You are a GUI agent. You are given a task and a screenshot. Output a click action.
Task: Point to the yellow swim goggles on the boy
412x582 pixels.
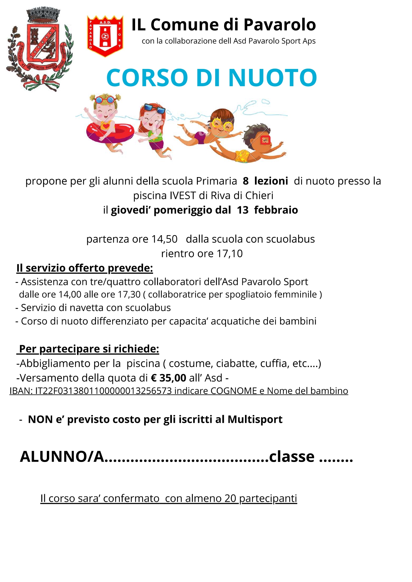tap(223, 125)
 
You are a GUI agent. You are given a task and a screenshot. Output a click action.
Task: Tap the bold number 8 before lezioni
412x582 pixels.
tap(246, 181)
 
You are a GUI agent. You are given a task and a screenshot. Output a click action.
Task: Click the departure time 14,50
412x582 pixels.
tap(164, 239)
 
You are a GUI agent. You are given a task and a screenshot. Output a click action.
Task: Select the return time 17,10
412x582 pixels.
tap(230, 254)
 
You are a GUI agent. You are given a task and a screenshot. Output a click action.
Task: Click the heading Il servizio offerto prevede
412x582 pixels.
tap(85, 268)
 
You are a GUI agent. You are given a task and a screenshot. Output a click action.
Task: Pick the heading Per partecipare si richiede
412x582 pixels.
tap(89, 349)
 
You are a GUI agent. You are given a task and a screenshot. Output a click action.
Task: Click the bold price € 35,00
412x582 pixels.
tap(168, 378)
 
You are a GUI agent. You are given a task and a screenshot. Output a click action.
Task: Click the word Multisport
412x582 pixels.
tap(255, 420)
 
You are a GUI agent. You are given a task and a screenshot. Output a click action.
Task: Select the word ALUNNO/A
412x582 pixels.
tap(62, 457)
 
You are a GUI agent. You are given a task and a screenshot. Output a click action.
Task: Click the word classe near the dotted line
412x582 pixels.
tap(291, 457)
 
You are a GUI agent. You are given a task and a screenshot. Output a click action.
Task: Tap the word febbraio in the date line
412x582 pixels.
tap(276, 210)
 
